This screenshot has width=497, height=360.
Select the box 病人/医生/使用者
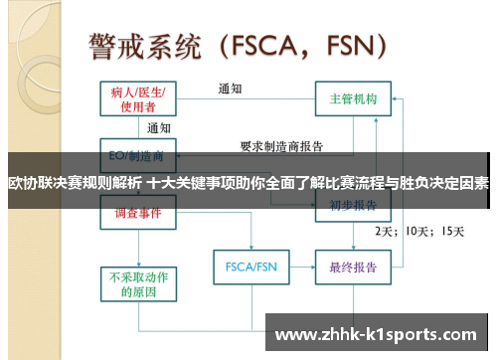click(138, 98)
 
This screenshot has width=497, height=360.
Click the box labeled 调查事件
click(138, 214)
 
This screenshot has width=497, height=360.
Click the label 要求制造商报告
click(281, 145)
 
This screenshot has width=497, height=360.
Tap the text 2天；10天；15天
click(418, 231)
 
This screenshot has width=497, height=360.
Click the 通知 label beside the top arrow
click(230, 89)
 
